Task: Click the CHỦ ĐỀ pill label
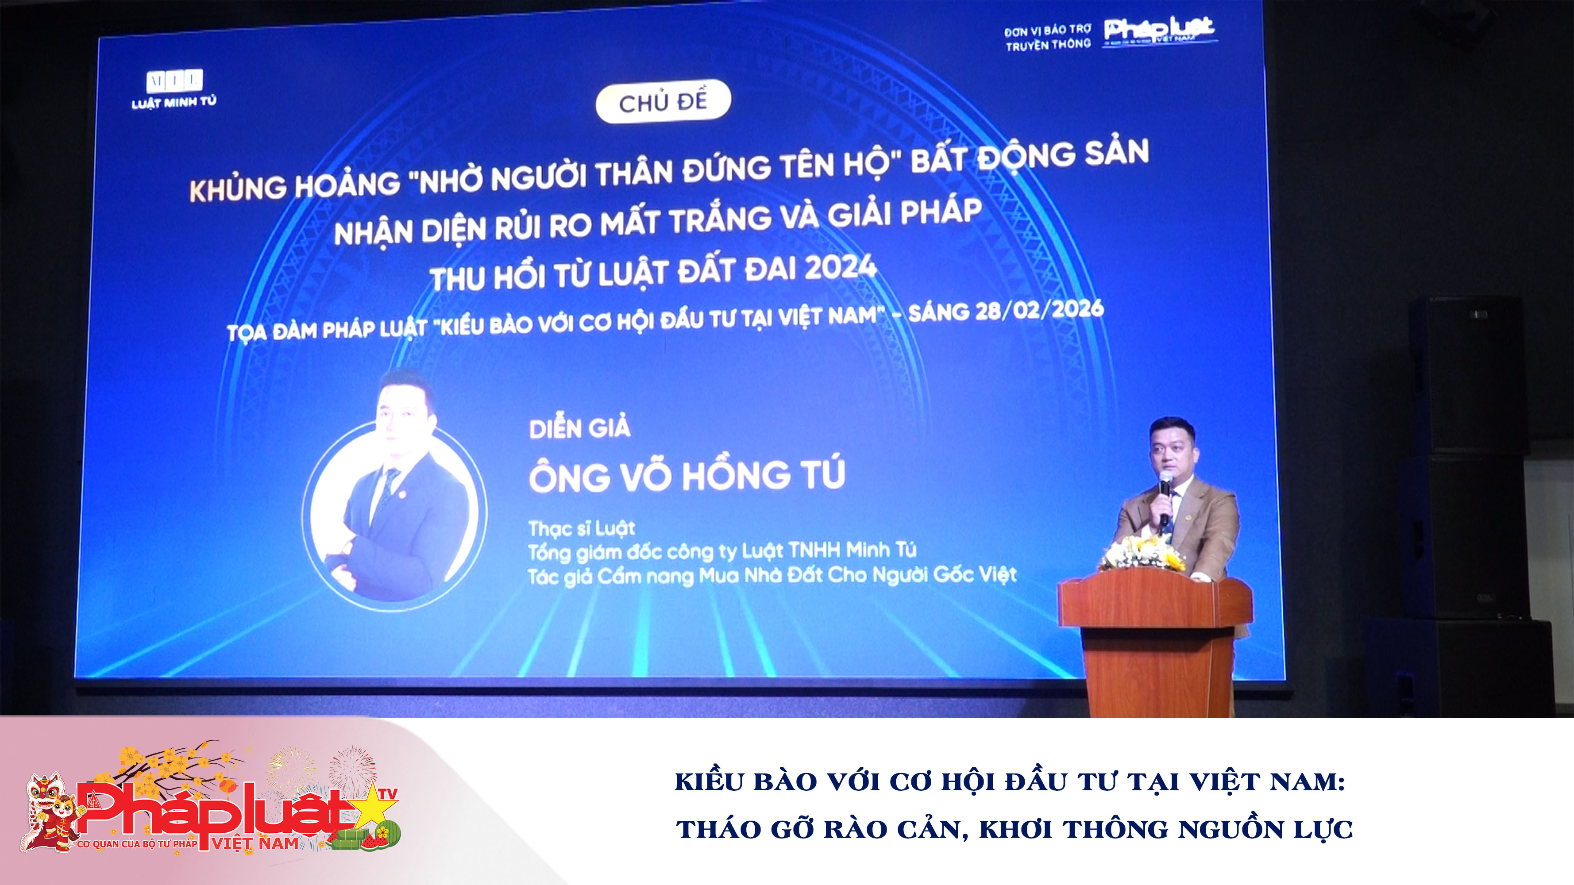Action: (x=663, y=101)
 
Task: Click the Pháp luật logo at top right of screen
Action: (x=1159, y=31)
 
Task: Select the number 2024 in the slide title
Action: (x=840, y=268)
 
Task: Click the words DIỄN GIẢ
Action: (x=579, y=427)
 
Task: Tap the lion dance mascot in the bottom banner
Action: (x=49, y=812)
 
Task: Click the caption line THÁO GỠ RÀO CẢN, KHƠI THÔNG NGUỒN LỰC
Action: (x=1015, y=829)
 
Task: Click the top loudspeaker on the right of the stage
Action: (x=1466, y=373)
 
